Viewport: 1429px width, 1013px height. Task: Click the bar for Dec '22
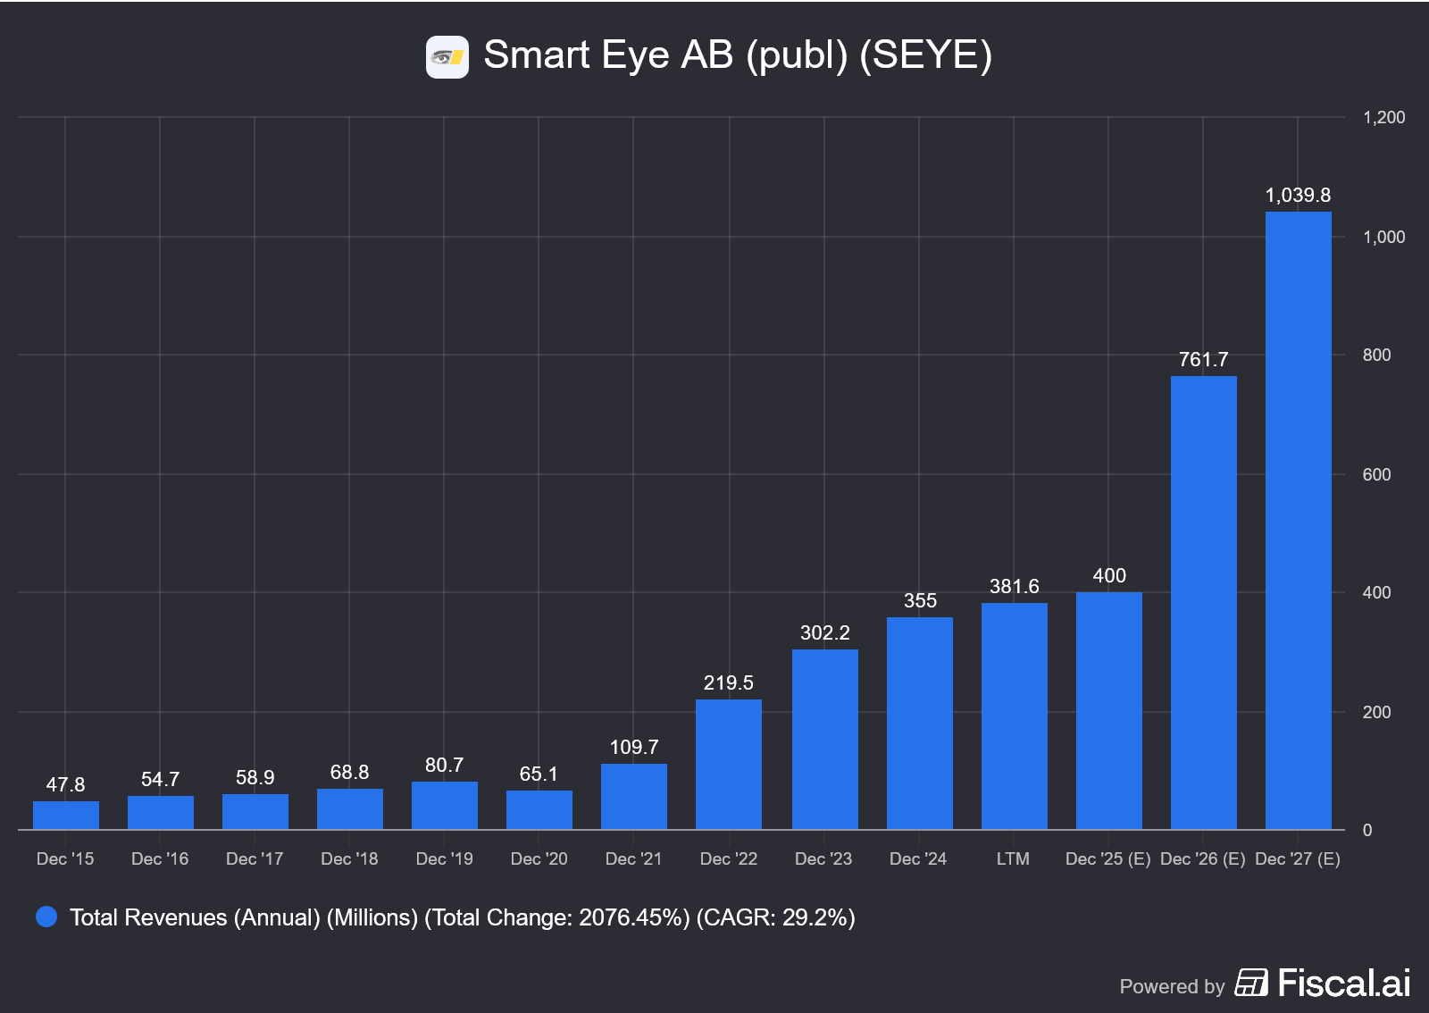tap(728, 764)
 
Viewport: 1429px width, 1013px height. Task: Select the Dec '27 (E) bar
tap(1298, 521)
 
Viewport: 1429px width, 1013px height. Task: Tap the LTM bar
tap(1014, 716)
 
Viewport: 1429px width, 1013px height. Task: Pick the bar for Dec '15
tap(65, 816)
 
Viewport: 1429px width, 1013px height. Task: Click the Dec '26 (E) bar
tap(1203, 603)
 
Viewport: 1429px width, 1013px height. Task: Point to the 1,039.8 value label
tap(1298, 195)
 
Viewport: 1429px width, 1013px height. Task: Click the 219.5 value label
tap(728, 682)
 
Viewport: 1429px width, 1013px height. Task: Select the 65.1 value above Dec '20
tap(539, 774)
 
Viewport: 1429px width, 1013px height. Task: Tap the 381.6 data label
tap(1014, 586)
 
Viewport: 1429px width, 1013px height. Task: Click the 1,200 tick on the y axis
tap(1383, 117)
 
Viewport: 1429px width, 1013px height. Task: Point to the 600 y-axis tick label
tap(1376, 474)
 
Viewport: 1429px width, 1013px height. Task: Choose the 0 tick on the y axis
tap(1367, 830)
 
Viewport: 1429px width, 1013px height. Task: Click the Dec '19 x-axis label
tap(444, 858)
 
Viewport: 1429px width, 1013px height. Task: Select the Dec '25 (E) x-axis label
tap(1107, 858)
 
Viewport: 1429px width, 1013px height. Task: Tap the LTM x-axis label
tap(1013, 858)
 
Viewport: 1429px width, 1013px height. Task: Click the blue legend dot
tap(46, 917)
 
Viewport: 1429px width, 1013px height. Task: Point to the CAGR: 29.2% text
tap(775, 917)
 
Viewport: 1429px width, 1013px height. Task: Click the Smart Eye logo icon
tap(447, 57)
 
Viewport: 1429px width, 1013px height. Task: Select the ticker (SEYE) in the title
tap(925, 55)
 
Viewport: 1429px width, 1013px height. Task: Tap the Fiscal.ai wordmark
tap(1344, 983)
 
